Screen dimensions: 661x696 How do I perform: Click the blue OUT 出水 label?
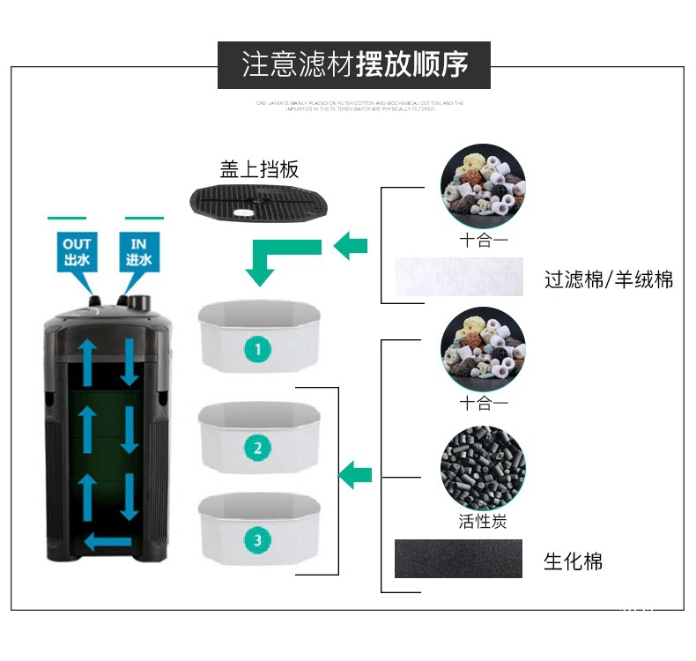(x=77, y=251)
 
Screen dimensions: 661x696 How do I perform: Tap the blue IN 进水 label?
(x=138, y=251)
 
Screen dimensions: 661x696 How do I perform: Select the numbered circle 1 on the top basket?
(x=257, y=349)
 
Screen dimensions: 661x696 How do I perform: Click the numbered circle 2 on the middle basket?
(x=257, y=448)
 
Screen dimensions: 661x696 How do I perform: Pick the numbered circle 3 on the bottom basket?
(x=257, y=539)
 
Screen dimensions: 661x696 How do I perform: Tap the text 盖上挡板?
(x=259, y=168)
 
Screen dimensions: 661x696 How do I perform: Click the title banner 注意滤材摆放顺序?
(x=354, y=64)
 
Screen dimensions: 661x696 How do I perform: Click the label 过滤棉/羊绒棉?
(x=609, y=280)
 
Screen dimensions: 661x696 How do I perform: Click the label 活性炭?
(x=483, y=521)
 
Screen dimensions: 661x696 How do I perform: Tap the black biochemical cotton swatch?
(x=458, y=559)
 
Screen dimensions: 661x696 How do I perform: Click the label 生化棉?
(x=574, y=561)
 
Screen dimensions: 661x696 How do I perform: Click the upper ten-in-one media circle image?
(x=483, y=187)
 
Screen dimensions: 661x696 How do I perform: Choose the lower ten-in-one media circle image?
(x=483, y=350)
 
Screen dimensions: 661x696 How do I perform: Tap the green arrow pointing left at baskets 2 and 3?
(x=355, y=474)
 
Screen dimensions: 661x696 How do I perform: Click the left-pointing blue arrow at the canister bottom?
(x=107, y=541)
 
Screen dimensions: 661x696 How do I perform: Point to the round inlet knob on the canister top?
(x=137, y=301)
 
